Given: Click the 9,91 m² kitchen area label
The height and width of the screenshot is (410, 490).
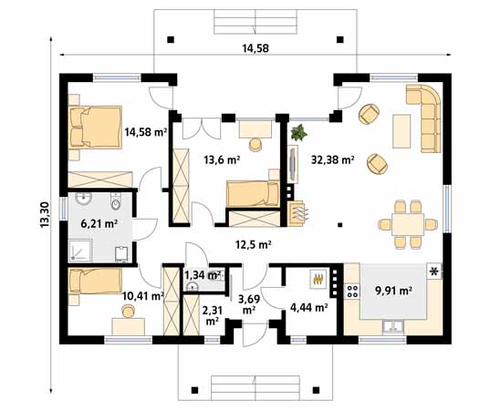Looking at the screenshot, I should [x=393, y=292].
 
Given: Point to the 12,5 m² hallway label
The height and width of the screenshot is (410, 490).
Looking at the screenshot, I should [x=255, y=244].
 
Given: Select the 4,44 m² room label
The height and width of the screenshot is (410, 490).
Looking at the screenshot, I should [x=308, y=308].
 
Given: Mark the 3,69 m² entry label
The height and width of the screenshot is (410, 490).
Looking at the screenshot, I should [x=249, y=303].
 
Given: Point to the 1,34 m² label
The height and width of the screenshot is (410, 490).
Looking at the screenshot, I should [x=203, y=274].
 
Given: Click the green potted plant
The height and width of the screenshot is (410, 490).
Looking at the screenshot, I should [x=297, y=135].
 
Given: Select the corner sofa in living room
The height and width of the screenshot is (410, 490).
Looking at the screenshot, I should [x=426, y=118].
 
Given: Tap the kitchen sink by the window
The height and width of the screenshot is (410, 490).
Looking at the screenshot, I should [x=392, y=324].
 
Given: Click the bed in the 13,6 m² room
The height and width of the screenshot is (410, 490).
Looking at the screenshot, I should [x=251, y=193].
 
